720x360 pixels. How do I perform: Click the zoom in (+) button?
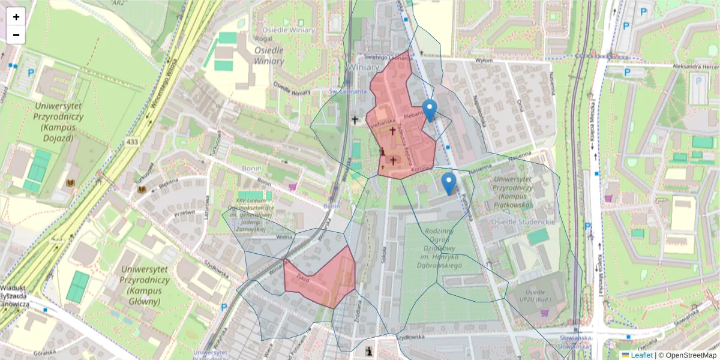(16, 17)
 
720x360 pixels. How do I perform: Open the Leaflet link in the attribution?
(641, 355)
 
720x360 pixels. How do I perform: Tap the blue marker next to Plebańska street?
(430, 111)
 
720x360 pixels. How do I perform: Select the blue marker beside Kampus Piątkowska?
(448, 184)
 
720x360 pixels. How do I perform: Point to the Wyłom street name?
(484, 60)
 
